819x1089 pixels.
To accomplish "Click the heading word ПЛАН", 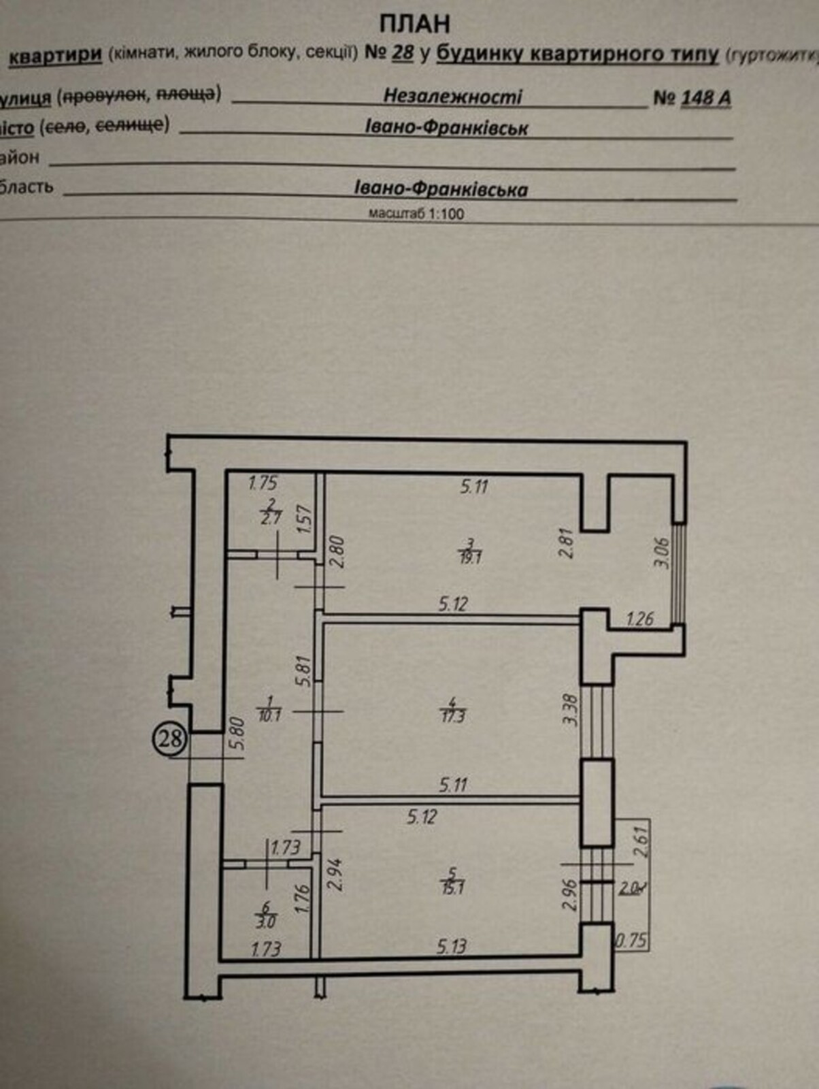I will (x=414, y=24).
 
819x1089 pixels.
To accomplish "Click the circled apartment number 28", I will (x=169, y=738).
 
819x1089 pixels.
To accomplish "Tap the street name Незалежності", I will (x=452, y=96).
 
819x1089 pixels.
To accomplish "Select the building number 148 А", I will (x=705, y=98).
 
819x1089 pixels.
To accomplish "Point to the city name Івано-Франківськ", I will (x=446, y=128).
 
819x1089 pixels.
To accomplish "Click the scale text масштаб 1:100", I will (x=416, y=214).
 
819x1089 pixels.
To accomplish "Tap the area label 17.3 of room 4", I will (x=452, y=716).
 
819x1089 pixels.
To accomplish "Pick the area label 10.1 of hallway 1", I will (x=269, y=715).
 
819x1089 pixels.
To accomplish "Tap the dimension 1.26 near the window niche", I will (x=639, y=619).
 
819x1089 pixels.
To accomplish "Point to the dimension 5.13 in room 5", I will (x=452, y=946).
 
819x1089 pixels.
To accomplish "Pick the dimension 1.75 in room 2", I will (x=263, y=483).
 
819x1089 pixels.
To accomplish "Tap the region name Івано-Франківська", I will (x=441, y=189).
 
